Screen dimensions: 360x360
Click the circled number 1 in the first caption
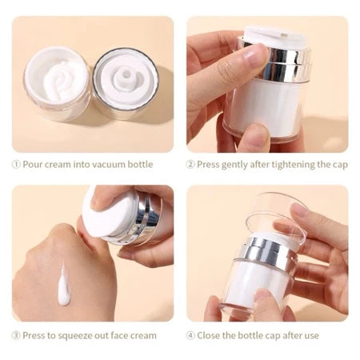coord(16,165)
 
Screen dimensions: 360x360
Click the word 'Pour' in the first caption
coord(33,165)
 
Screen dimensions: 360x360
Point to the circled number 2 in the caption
coord(191,165)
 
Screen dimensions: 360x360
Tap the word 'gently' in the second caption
coord(237,165)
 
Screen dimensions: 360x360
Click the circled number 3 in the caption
coord(16,335)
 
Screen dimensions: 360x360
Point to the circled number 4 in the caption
coord(191,335)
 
